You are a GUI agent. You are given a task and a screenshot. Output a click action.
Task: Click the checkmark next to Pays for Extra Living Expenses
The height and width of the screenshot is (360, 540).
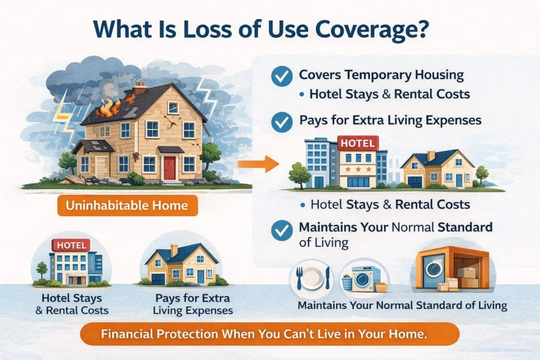pos(282,123)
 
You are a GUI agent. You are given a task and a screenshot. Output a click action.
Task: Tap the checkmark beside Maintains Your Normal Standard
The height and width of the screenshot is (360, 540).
pos(282,229)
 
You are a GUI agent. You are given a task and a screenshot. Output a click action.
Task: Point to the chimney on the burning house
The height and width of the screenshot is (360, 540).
pos(140,89)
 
